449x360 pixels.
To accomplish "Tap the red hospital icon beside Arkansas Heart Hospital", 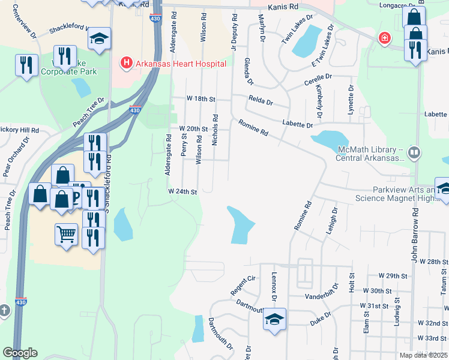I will (127, 62).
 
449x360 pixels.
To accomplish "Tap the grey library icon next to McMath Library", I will (413, 153).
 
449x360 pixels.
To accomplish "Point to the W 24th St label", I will (183, 191).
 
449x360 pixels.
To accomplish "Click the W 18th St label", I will (200, 98).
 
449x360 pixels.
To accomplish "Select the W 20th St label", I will (193, 129).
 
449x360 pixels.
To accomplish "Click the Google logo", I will (20, 353).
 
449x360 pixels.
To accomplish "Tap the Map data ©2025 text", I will (423, 355).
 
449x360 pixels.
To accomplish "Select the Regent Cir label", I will (243, 286).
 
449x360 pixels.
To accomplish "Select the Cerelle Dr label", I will (318, 79).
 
